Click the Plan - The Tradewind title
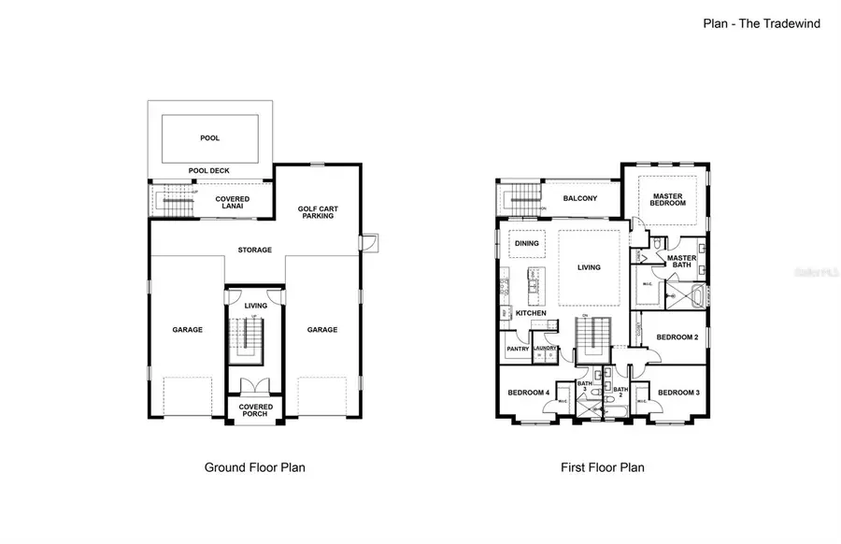tap(762, 23)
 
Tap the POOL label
tap(210, 138)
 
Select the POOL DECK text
tap(209, 171)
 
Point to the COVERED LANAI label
tap(232, 203)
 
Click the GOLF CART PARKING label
tap(316, 212)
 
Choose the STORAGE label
tap(254, 250)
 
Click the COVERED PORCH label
tap(255, 410)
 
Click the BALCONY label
tap(580, 198)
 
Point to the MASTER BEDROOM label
tap(667, 200)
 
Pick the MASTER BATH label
tap(681, 262)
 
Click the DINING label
tap(526, 244)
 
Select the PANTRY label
tap(518, 350)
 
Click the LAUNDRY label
tap(545, 350)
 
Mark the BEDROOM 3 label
tap(677, 393)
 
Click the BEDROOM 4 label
tap(527, 393)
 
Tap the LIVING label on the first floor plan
tap(589, 267)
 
